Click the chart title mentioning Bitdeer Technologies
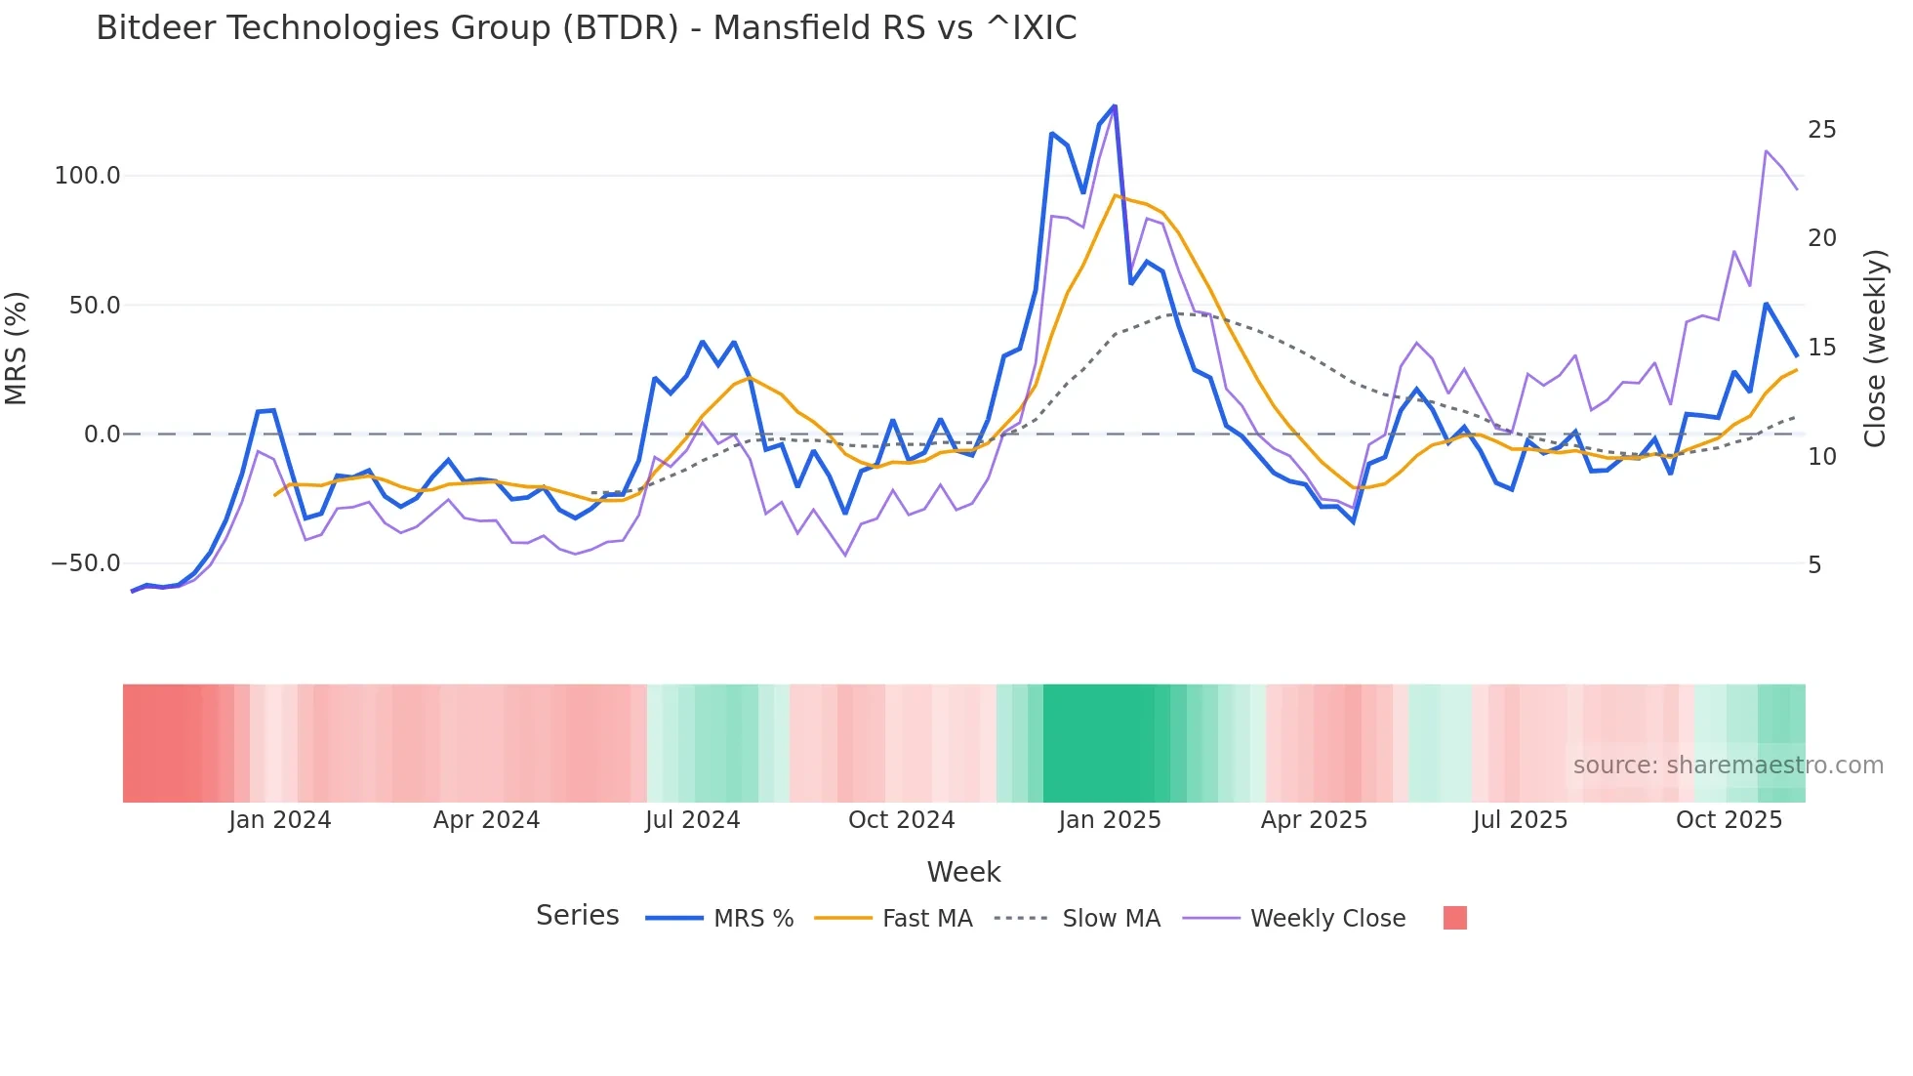pos(586,28)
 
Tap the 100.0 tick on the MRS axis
pos(87,176)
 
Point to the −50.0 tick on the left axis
pos(86,563)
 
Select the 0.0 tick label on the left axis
pos(102,435)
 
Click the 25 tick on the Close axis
pos(1821,130)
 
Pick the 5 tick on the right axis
pos(1814,565)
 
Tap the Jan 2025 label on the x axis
pos(1110,820)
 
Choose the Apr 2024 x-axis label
pos(486,820)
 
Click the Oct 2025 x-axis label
pos(1729,820)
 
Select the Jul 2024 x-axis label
pos(692,820)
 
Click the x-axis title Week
pos(963,872)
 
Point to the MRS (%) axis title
pos(17,349)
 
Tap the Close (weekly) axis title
pos(1874,349)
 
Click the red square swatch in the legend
pos(1454,918)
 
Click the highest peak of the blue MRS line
pos(1114,106)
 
